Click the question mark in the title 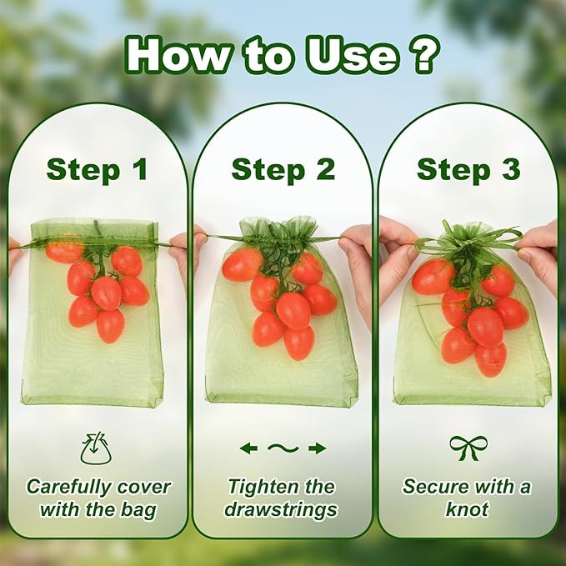423,54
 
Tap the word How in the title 177,55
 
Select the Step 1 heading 97,170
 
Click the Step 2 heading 283,170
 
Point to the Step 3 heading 468,170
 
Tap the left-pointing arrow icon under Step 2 248,448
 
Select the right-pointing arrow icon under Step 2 318,448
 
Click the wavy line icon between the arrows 283,448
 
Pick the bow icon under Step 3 468,448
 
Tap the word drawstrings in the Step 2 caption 281,510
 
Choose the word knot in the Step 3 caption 467,509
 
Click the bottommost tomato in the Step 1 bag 111,326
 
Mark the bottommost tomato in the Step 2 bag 299,343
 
